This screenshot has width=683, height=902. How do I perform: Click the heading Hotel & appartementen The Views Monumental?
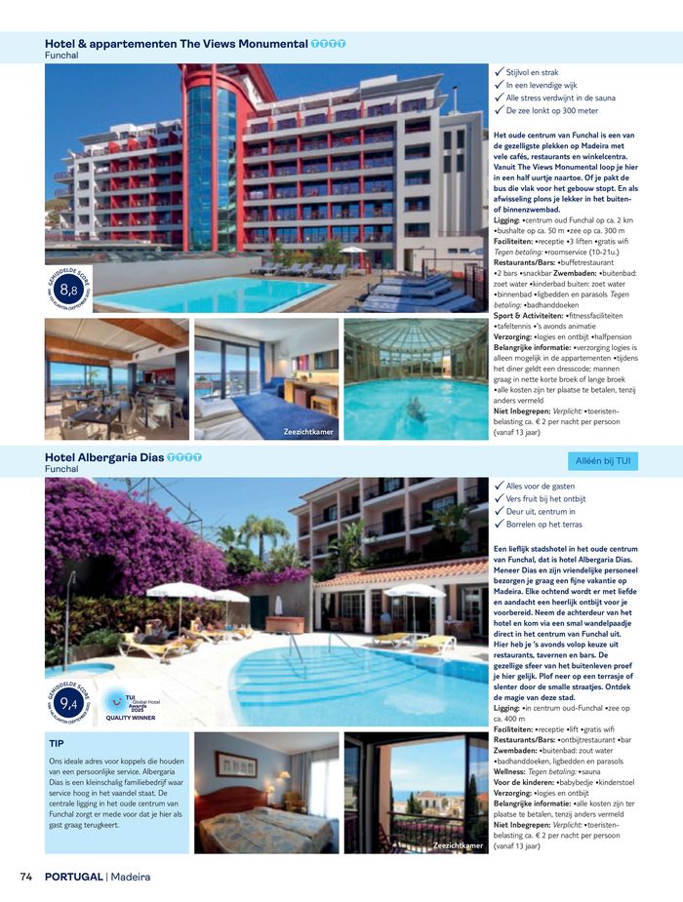coord(176,44)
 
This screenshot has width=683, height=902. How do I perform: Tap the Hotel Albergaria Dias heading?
coord(104,456)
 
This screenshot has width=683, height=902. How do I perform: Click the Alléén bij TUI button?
coord(602,460)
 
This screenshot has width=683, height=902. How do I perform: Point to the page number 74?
coord(26,876)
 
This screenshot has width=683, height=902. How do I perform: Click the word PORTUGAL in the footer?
coord(73,876)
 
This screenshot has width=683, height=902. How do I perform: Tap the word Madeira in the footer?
coord(130,876)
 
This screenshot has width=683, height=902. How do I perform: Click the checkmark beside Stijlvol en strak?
coord(499,71)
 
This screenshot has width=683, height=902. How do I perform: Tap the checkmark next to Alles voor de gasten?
coord(499,485)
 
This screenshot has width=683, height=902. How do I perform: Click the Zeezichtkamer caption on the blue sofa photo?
coord(308,430)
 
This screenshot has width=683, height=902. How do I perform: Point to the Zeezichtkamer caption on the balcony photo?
coord(458,844)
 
